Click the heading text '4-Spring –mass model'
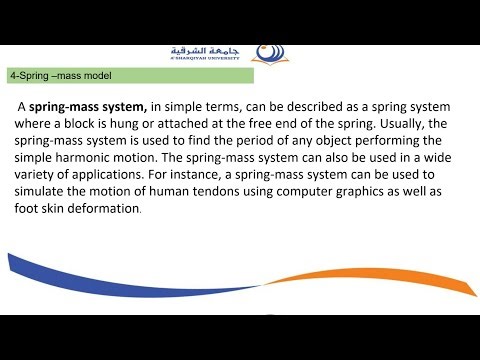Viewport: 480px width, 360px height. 60,75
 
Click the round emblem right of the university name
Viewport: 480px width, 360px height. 269,51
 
